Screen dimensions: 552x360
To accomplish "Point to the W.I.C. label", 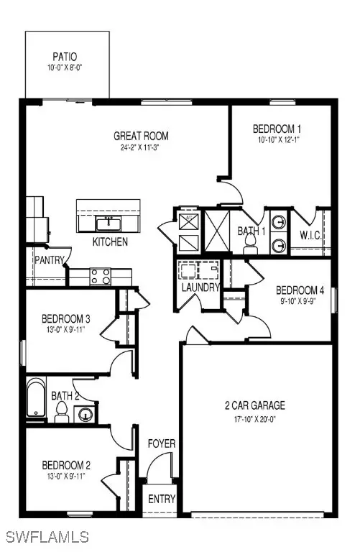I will tap(310, 235).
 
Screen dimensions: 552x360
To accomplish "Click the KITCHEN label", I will tap(110, 242).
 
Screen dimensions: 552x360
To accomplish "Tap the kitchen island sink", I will tap(109, 223).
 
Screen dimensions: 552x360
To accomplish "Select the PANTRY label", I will tap(48, 261).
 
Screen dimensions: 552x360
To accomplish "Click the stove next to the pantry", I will tap(99, 274).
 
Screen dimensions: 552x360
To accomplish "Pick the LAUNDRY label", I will tap(200, 287).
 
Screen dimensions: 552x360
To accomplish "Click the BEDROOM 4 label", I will tap(300, 290).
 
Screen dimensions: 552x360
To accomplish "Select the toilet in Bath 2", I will tap(62, 410).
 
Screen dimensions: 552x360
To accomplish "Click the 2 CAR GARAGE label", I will tap(255, 405).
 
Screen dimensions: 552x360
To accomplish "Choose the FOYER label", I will tap(161, 443).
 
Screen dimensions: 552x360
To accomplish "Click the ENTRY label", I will tap(161, 499).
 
